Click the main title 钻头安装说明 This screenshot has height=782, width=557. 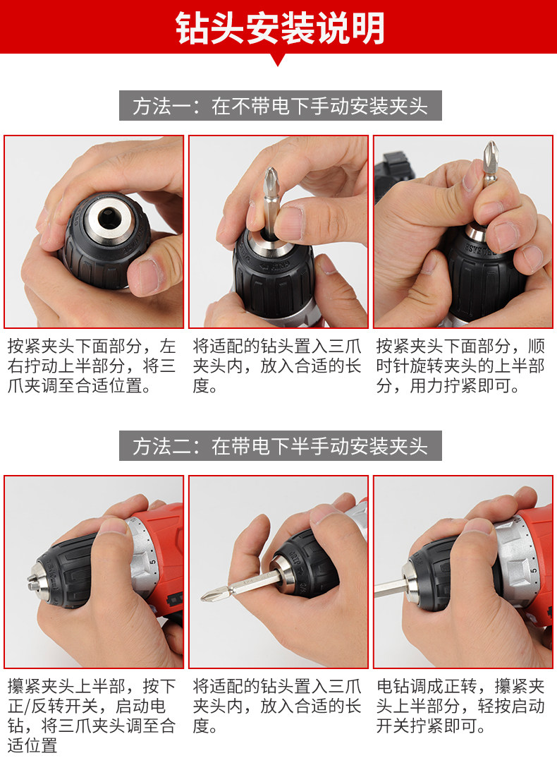279,28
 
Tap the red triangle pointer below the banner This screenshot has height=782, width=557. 278,60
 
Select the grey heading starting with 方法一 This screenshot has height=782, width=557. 280,106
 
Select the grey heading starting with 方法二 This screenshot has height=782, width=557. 280,446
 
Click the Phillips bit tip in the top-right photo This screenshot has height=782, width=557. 491,150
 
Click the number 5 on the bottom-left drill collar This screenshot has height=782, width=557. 153,562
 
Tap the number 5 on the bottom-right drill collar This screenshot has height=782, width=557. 534,570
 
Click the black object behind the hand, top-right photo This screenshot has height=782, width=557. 393,174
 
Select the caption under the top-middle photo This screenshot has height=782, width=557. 276,366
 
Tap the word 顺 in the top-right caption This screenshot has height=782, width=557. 537,346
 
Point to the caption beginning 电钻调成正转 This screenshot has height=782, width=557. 460,706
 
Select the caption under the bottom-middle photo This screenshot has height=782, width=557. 276,706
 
